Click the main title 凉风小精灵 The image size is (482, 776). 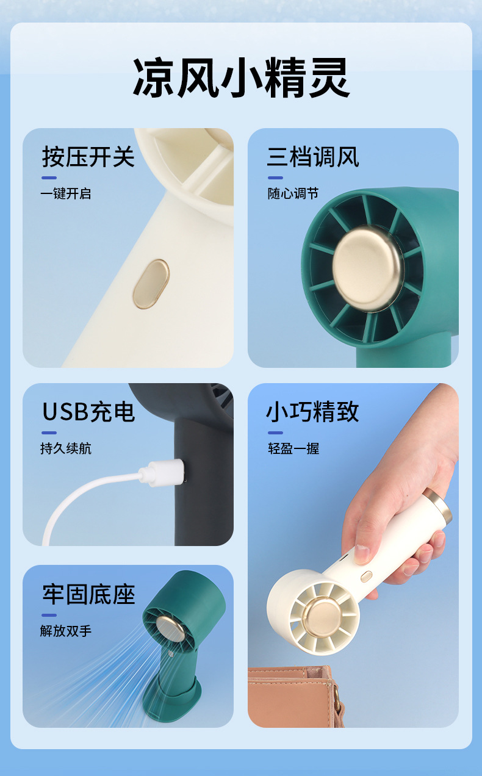tap(241, 77)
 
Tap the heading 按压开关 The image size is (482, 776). tap(88, 157)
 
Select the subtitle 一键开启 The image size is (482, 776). tap(66, 193)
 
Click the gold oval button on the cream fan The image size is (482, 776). tap(151, 284)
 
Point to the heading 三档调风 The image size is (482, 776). tap(313, 157)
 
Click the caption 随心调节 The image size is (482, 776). tap(293, 193)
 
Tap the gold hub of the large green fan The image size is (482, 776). tap(368, 268)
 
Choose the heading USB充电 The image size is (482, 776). tap(88, 412)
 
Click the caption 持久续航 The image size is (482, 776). tap(66, 448)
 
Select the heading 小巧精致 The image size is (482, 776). tap(312, 412)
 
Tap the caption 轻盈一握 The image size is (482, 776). tap(293, 448)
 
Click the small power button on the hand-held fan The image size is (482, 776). tap(366, 577)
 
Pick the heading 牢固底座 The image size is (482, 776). tap(88, 594)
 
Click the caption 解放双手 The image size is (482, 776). tap(66, 631)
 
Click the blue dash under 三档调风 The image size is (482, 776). tap(276, 178)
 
